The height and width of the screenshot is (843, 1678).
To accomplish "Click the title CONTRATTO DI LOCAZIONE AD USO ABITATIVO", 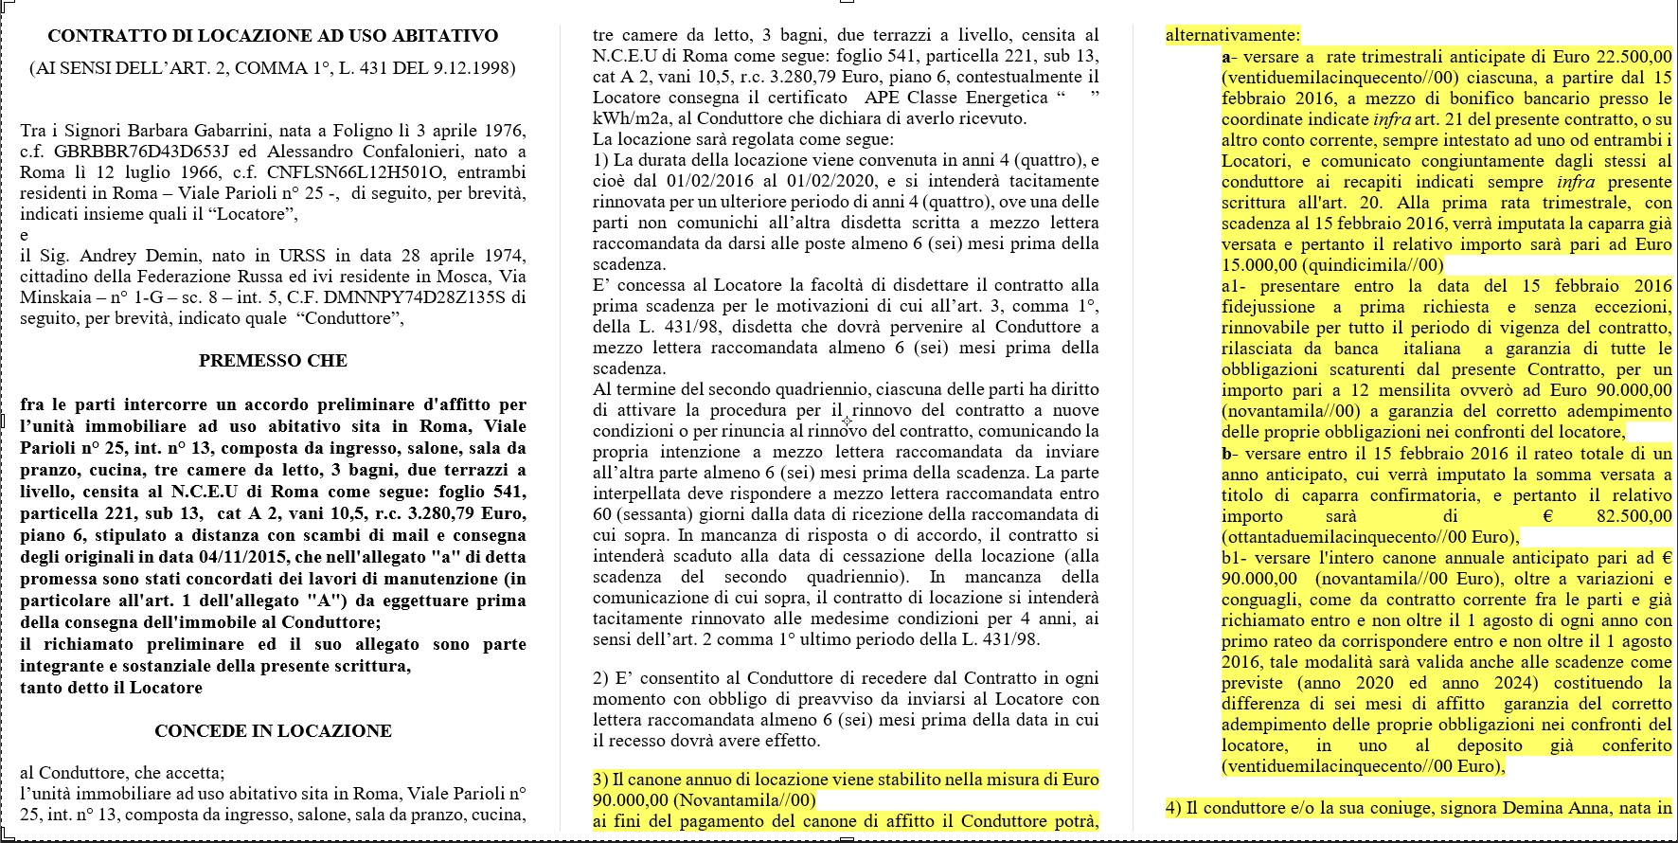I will click(x=273, y=36).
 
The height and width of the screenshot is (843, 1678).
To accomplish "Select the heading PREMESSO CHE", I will click(x=273, y=361).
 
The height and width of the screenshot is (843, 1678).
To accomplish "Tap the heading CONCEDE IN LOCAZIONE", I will click(x=273, y=731).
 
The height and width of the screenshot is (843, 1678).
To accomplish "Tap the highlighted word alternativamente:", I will click(x=1233, y=36).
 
